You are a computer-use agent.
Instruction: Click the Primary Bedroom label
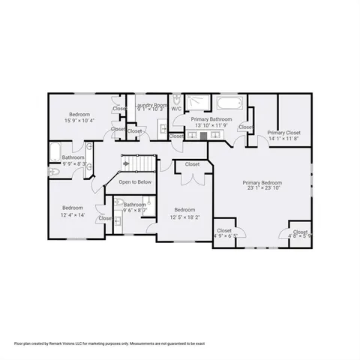(x=262, y=182)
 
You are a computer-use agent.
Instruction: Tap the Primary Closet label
(x=283, y=132)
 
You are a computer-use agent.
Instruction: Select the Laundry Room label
(x=151, y=105)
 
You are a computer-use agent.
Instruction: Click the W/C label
(x=176, y=109)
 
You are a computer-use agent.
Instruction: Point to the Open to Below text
(x=135, y=181)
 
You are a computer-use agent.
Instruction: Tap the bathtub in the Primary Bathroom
(x=229, y=103)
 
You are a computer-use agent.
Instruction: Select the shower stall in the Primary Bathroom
(x=198, y=102)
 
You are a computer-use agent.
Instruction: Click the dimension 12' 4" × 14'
(x=72, y=214)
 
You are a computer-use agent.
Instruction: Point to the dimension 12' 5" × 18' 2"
(x=184, y=217)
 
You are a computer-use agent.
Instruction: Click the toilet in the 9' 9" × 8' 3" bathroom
(x=54, y=171)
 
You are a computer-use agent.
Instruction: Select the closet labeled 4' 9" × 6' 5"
(x=224, y=236)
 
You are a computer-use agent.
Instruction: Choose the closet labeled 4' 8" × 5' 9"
(x=300, y=236)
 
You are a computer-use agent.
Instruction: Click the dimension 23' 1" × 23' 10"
(x=262, y=189)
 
